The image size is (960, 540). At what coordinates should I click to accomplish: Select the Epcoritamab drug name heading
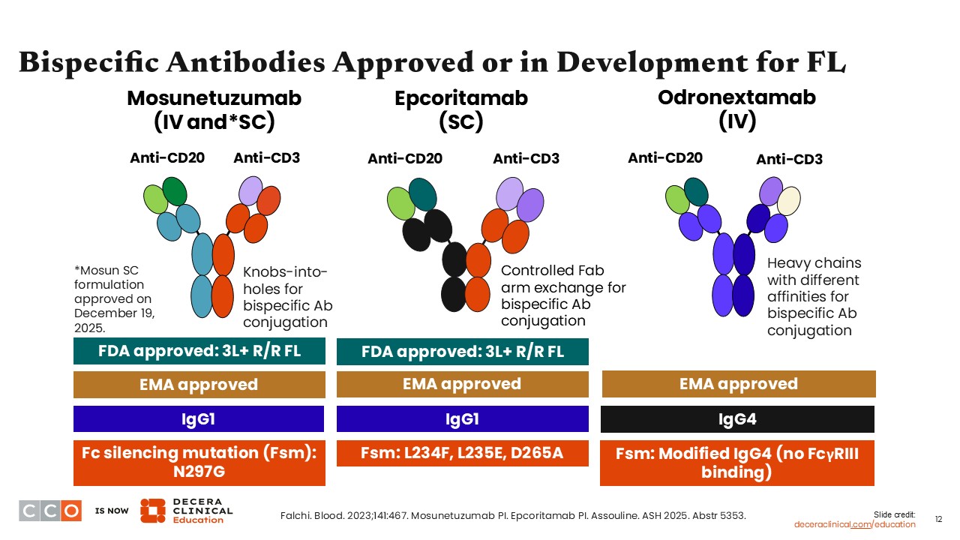(461, 98)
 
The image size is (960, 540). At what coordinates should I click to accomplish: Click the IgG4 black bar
(738, 419)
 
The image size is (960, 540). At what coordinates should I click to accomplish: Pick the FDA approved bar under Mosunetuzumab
(199, 351)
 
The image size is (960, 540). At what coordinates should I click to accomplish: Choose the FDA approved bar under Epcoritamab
(462, 352)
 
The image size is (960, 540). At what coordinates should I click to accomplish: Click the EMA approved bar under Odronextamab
(738, 384)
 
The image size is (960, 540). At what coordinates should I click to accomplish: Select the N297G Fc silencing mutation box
(199, 463)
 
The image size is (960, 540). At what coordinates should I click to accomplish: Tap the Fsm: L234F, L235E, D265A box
(462, 453)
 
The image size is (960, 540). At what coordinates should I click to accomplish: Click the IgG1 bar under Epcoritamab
(462, 419)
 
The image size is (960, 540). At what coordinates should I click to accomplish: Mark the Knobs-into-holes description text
(287, 297)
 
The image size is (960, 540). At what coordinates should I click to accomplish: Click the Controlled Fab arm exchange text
(562, 295)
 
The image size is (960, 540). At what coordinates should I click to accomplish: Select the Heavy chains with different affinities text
(814, 297)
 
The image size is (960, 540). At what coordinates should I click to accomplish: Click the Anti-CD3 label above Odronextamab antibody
(788, 159)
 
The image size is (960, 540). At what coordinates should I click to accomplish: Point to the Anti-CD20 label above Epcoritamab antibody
(404, 158)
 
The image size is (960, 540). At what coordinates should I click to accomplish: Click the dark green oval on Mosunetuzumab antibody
(175, 190)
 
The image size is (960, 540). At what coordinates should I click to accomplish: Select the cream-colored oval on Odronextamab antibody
(788, 200)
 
